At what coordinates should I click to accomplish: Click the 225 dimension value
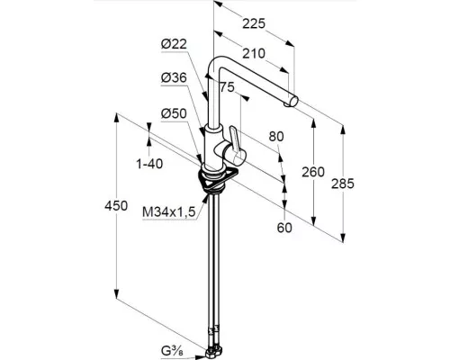pyautogui.click(x=254, y=23)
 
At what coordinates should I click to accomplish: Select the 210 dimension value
pyautogui.click(x=254, y=54)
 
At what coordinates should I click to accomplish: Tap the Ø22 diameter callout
pyautogui.click(x=174, y=44)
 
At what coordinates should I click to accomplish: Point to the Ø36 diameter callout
pyautogui.click(x=174, y=77)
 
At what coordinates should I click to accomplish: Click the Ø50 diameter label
pyautogui.click(x=174, y=113)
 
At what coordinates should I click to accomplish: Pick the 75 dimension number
pyautogui.click(x=227, y=87)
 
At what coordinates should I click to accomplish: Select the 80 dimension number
pyautogui.click(x=276, y=137)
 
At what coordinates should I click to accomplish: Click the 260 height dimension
pyautogui.click(x=313, y=172)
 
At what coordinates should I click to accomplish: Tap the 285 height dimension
pyautogui.click(x=343, y=184)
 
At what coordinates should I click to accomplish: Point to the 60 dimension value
pyautogui.click(x=284, y=228)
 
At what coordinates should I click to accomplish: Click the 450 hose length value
pyautogui.click(x=116, y=206)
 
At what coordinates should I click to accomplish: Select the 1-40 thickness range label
pyautogui.click(x=149, y=164)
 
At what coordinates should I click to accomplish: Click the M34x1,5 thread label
pyautogui.click(x=169, y=212)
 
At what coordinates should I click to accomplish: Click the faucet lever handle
pyautogui.click(x=236, y=142)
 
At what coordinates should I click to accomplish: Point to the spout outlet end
pyautogui.click(x=292, y=101)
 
